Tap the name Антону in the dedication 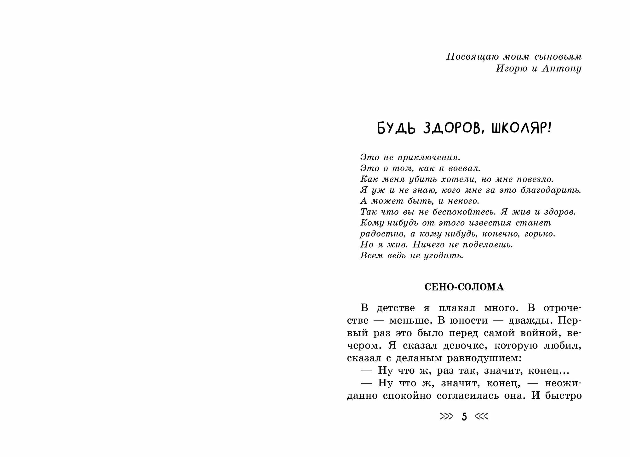(x=562, y=69)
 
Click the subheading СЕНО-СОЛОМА (x=464, y=287)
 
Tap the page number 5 (x=464, y=417)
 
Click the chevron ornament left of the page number (x=446, y=417)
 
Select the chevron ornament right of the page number (x=482, y=417)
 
